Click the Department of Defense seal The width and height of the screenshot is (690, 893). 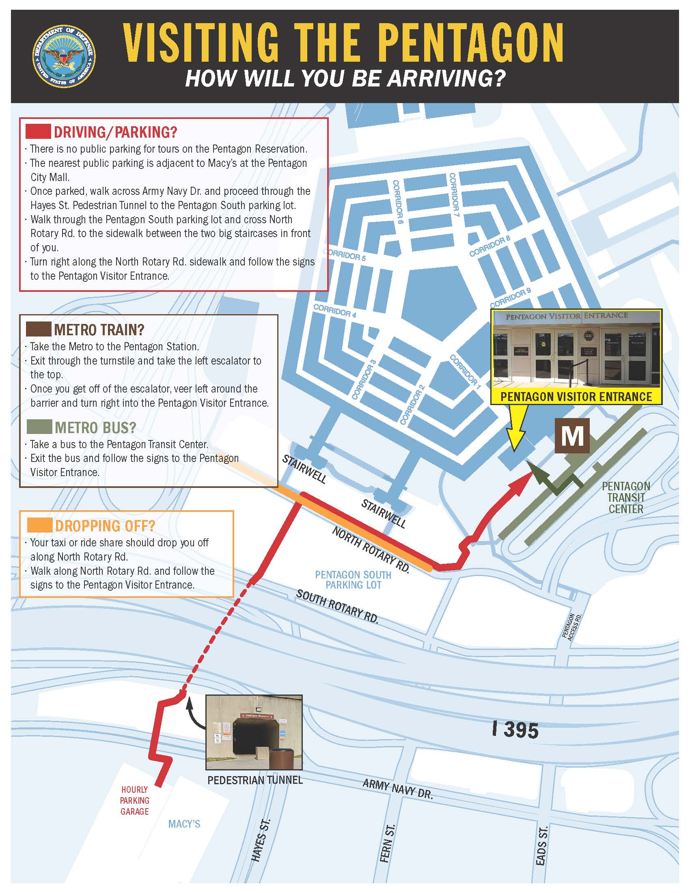(x=64, y=56)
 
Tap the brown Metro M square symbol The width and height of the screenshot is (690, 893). (x=572, y=436)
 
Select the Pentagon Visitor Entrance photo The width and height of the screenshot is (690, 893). (x=576, y=349)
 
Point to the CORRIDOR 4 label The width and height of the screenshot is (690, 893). (x=335, y=311)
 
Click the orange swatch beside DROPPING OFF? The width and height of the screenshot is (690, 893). (x=40, y=525)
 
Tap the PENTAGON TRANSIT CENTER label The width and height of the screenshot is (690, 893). (x=625, y=497)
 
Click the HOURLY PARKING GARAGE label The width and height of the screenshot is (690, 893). (x=134, y=800)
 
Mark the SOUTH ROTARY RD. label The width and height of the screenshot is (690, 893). (x=337, y=606)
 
